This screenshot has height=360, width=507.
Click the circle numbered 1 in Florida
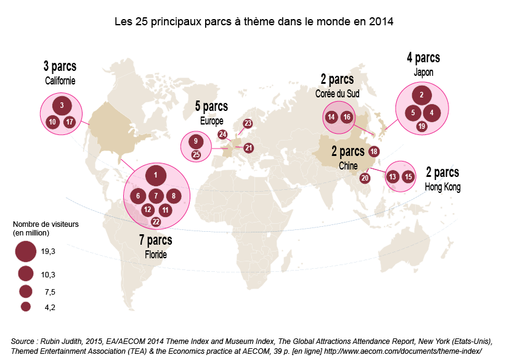point(156,176)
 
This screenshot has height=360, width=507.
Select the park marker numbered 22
point(156,221)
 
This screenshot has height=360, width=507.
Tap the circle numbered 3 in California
point(62,105)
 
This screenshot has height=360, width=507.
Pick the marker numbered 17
point(70,121)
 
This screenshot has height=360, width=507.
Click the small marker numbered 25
point(196,155)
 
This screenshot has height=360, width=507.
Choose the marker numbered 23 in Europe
point(248,123)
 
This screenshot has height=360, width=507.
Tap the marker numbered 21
point(248,147)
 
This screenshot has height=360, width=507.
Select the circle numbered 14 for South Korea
point(331,117)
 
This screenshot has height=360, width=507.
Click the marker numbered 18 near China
point(373,151)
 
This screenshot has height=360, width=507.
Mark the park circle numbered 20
point(365,178)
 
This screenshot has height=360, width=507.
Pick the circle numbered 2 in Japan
point(421,95)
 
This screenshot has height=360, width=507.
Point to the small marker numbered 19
point(421,126)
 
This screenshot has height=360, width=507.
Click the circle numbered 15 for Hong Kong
point(408,177)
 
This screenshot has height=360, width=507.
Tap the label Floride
point(156,254)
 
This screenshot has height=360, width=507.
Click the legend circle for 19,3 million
point(25,252)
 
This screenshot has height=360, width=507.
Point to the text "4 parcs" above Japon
point(423,59)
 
